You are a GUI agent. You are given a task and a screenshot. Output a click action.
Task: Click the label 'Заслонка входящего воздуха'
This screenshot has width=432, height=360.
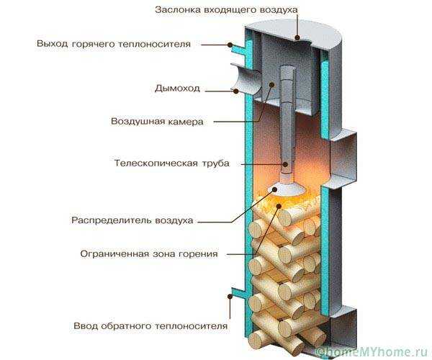tap(226, 9)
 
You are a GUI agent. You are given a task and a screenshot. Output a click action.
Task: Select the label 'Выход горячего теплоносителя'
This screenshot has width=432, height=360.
tap(114, 44)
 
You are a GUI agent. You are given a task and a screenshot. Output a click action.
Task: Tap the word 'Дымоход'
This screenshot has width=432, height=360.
tap(177, 89)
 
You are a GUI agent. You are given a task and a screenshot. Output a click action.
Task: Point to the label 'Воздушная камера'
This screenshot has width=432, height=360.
tap(157, 121)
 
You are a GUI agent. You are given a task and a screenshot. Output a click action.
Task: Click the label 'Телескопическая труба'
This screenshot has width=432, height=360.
tap(171, 163)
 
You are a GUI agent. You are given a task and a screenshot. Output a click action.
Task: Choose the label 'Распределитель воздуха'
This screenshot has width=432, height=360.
tap(132, 220)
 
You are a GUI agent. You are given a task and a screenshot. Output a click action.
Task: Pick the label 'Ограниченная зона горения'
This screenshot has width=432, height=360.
tap(149, 253)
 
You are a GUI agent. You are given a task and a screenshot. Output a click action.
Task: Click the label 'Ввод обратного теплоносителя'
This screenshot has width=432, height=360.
tap(150, 326)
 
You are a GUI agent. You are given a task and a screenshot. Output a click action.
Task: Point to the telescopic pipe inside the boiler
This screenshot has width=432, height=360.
tap(287, 130)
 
